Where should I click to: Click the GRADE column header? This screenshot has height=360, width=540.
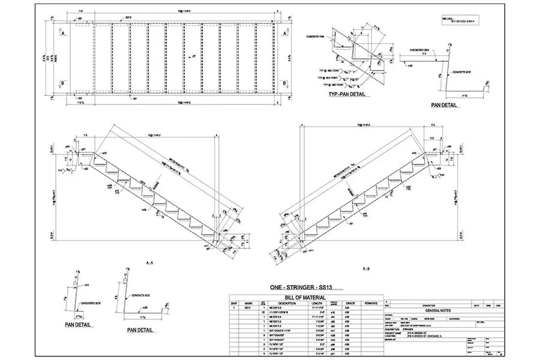351,303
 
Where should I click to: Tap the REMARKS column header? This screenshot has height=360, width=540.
373,303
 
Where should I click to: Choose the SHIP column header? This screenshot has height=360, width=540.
235,303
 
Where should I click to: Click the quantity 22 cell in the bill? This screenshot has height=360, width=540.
265,313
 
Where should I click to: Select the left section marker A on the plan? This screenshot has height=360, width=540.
62,34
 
